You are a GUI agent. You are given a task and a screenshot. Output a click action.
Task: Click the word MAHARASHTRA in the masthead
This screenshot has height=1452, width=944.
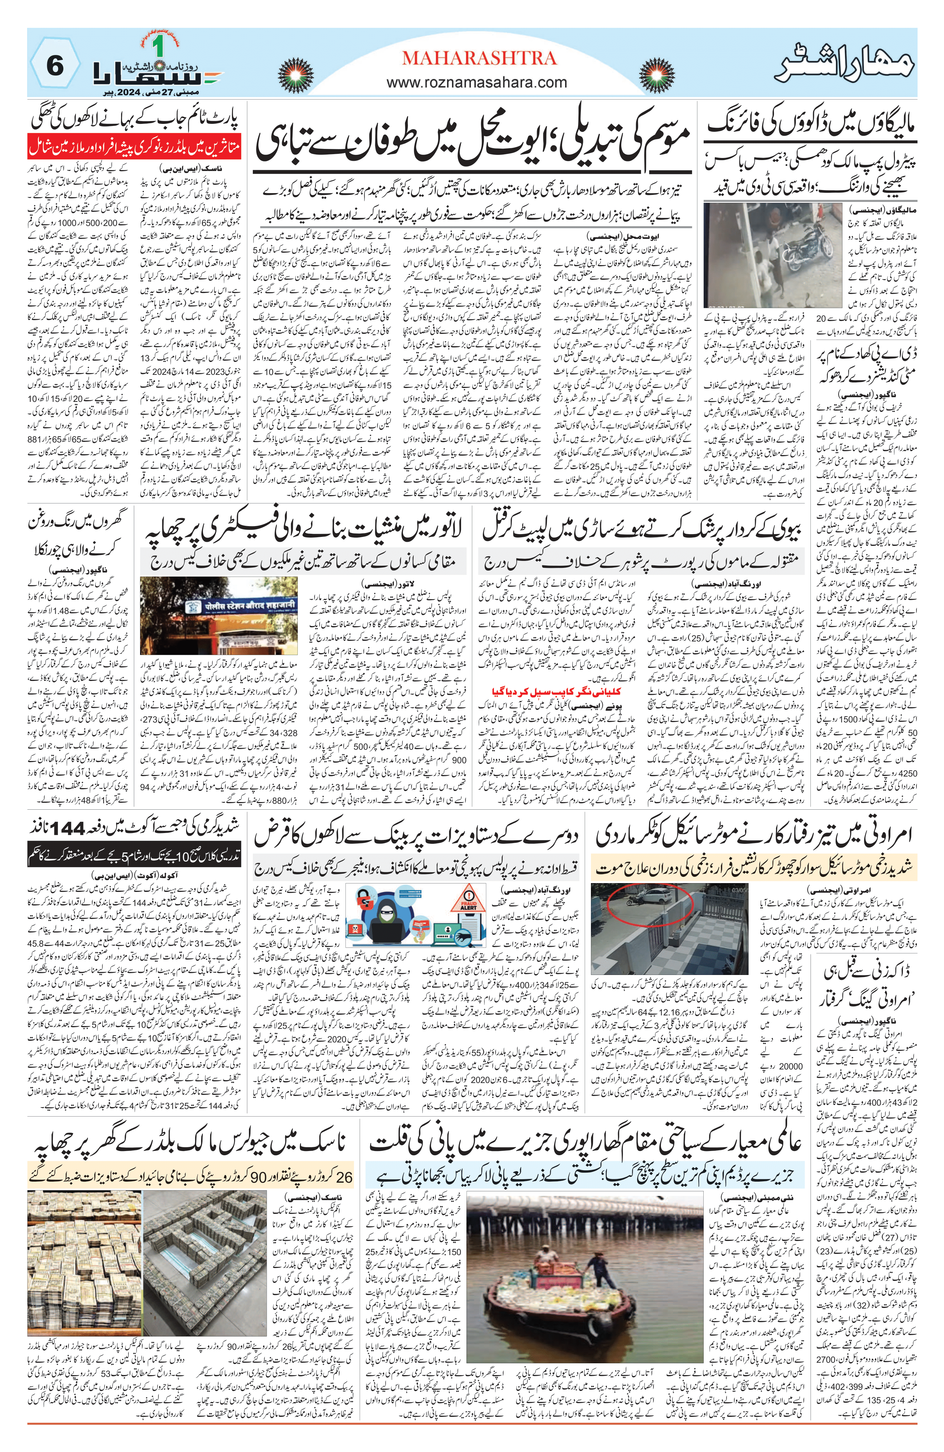(x=479, y=58)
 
